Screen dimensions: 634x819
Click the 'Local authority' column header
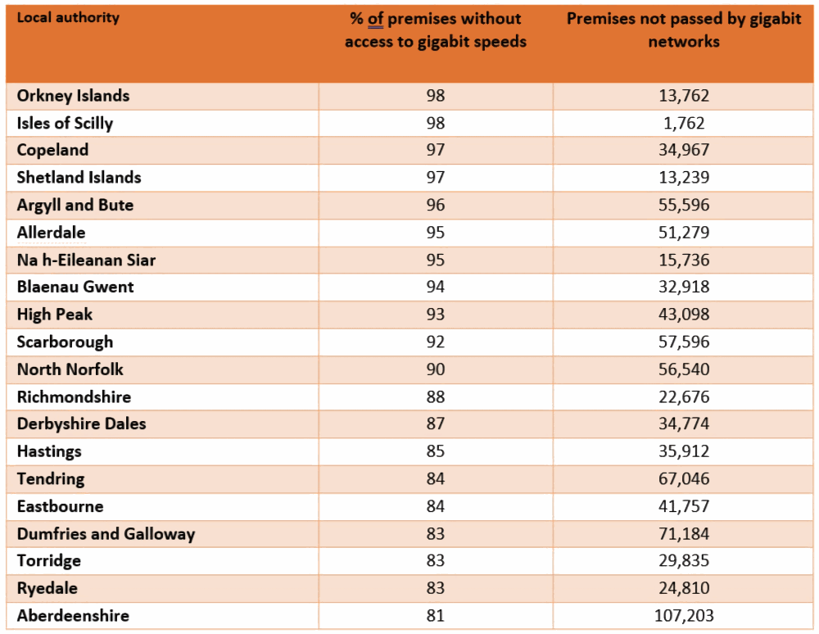point(68,17)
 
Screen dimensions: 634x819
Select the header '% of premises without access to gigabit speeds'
point(435,30)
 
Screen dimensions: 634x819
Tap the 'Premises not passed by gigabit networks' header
point(683,30)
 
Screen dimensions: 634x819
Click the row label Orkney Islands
point(73,96)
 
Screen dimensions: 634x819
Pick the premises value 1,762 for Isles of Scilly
point(684,124)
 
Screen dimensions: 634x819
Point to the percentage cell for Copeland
point(435,151)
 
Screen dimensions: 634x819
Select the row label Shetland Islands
point(79,178)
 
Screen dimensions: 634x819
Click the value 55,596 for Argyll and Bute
point(684,206)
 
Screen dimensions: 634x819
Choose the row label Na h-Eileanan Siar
point(86,260)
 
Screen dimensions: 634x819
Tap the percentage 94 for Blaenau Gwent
point(435,288)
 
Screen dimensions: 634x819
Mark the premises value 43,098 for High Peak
point(684,315)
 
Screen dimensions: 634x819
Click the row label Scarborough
point(65,342)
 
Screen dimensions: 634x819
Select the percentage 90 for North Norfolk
point(435,369)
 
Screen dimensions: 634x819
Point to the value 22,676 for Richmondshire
point(684,397)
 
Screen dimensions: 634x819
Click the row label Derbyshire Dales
point(81,424)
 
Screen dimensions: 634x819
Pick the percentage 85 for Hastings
point(435,451)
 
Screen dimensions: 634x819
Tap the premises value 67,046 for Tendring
point(684,479)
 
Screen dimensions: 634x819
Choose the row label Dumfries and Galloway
point(106,534)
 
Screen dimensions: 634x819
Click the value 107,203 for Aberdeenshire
point(684,616)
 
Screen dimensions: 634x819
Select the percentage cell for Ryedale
point(435,588)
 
